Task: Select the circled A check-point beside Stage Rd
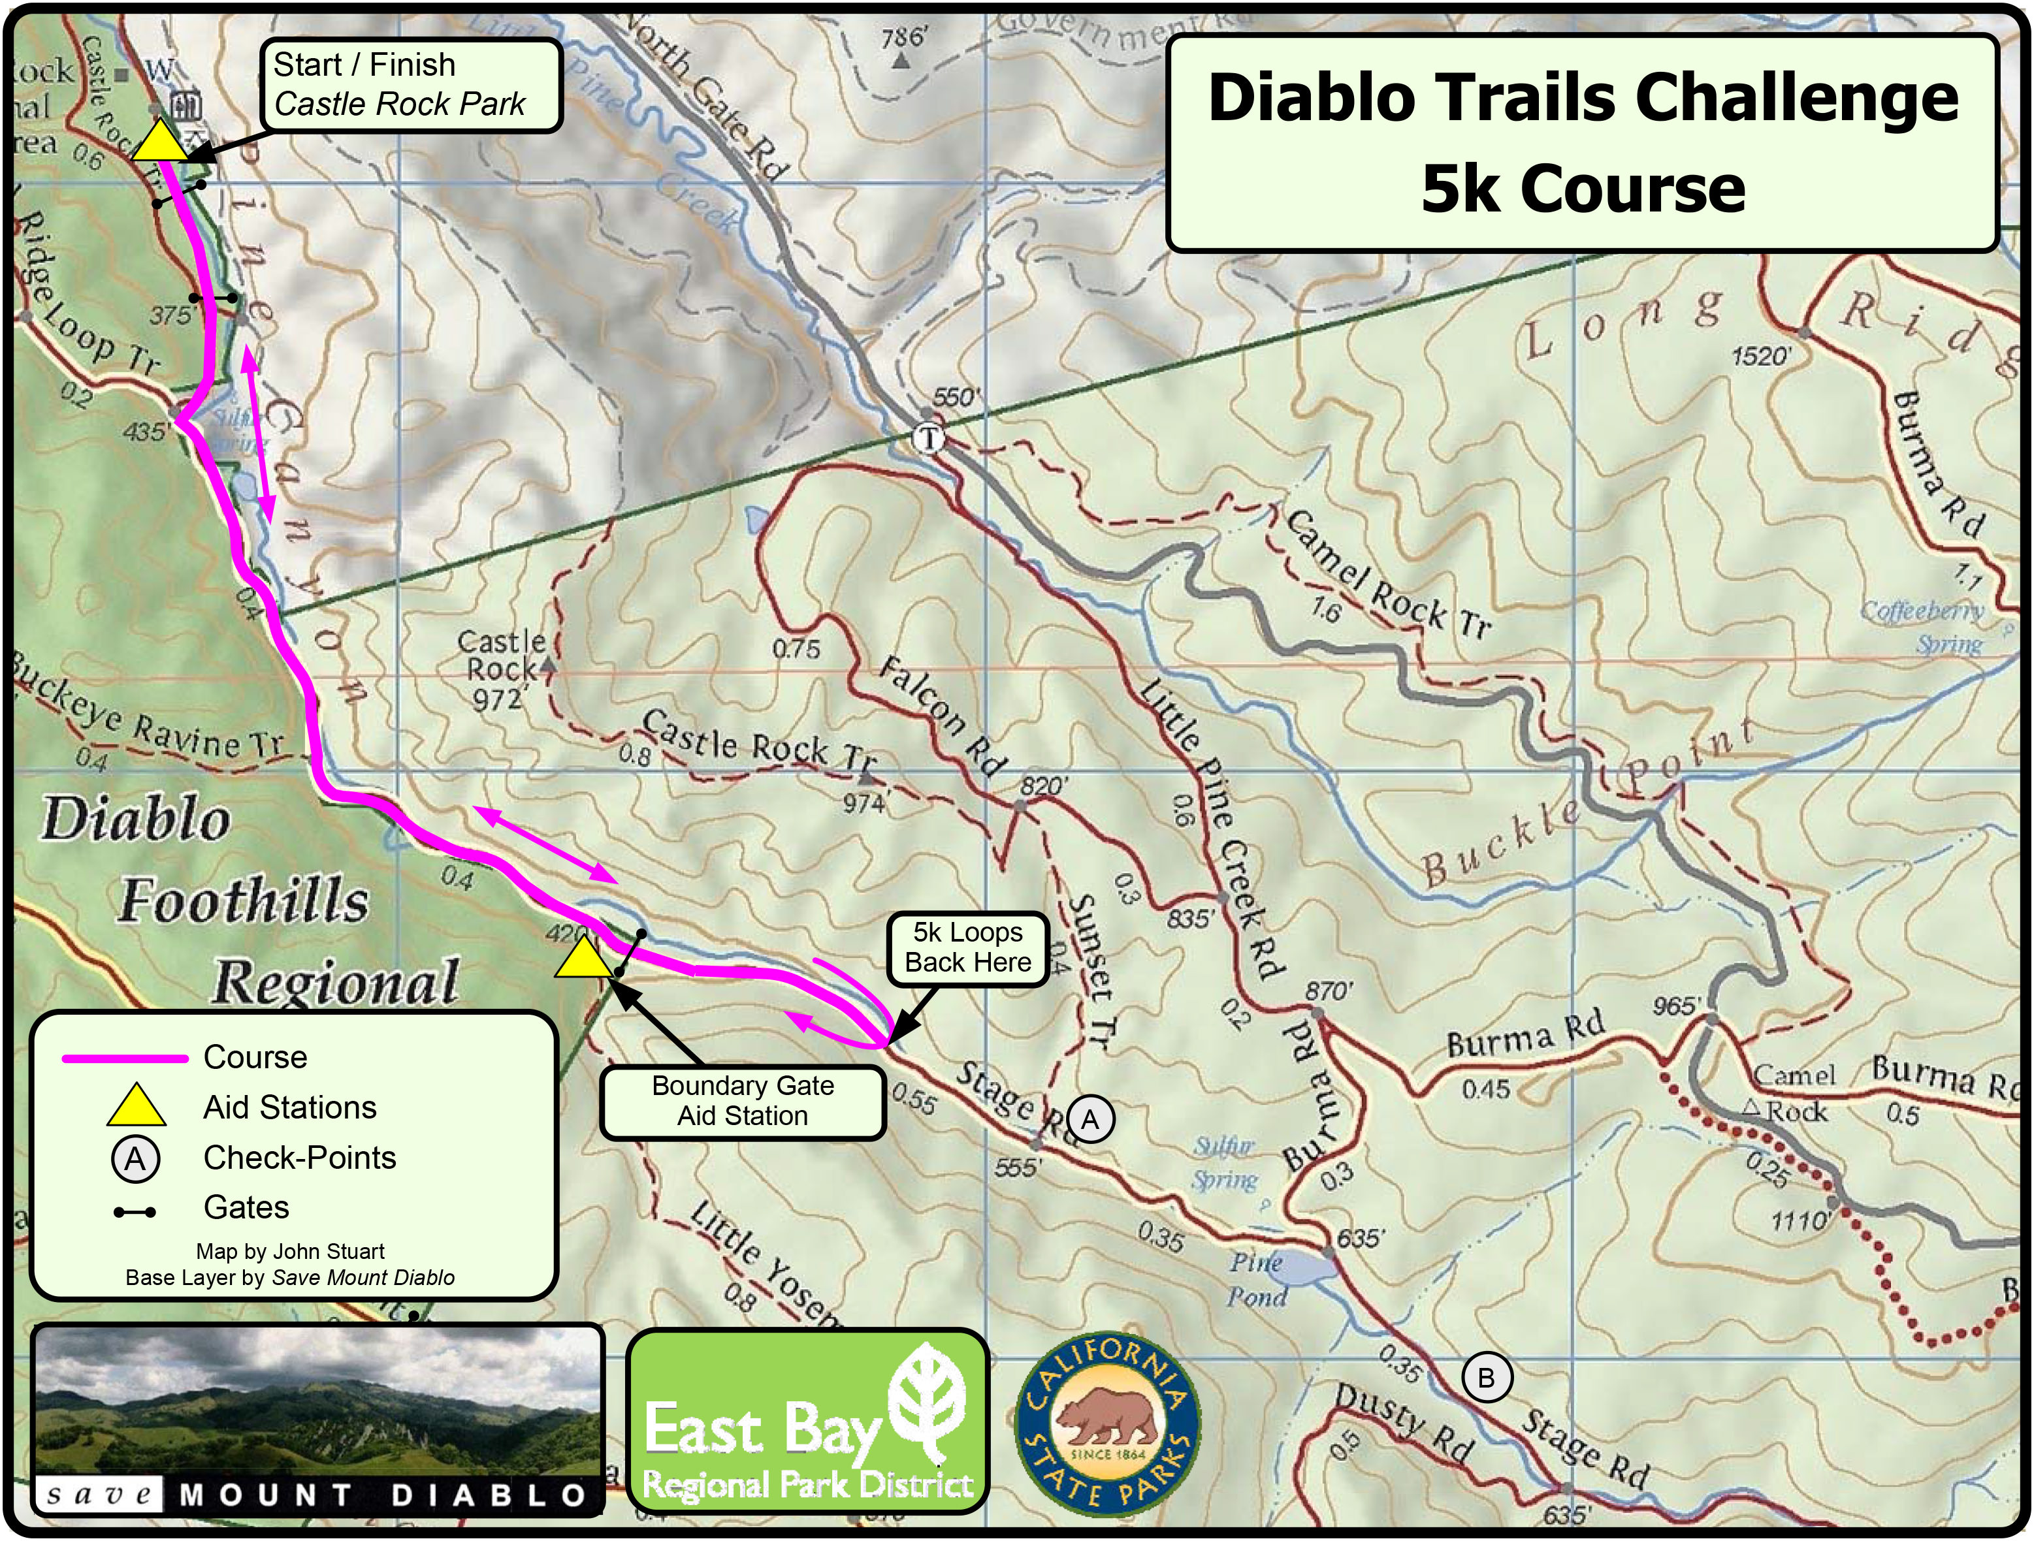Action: click(x=1090, y=1119)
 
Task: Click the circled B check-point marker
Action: click(x=1486, y=1377)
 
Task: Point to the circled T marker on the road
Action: click(x=929, y=439)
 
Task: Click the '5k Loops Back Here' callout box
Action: click(x=967, y=948)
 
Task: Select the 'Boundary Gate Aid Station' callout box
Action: click(x=742, y=1101)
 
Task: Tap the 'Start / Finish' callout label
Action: click(x=410, y=85)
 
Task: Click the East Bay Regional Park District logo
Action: click(x=807, y=1421)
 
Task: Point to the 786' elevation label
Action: click(x=904, y=38)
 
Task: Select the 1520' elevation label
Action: click(x=1762, y=356)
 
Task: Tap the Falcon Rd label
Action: click(x=940, y=716)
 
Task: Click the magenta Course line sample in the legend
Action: click(x=125, y=1058)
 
